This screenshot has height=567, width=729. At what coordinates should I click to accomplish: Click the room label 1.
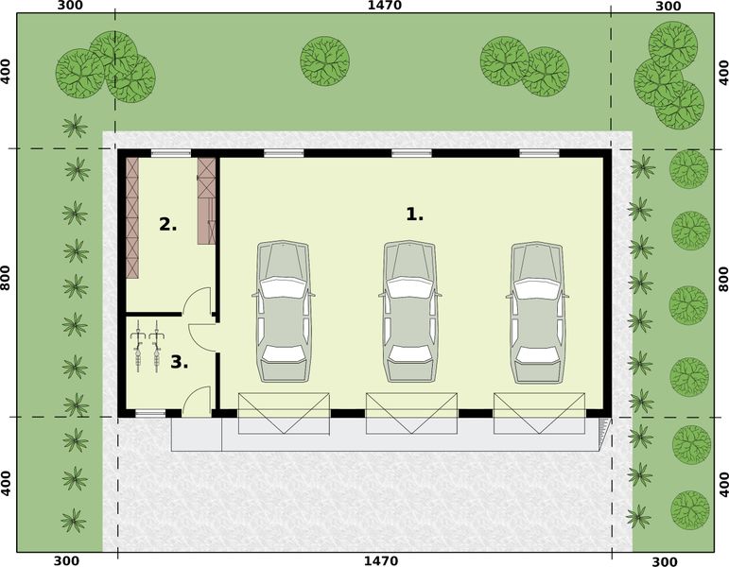point(414,215)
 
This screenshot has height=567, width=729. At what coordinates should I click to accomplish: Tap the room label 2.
point(168,225)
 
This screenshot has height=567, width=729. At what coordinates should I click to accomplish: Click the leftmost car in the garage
point(283,311)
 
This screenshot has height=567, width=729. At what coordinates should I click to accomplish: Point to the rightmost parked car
point(539,311)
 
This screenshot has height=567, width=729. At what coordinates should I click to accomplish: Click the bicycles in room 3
point(146,346)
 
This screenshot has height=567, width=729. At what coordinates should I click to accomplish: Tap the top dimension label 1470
point(385,6)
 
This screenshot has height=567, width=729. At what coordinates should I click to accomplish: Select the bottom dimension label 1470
point(382,560)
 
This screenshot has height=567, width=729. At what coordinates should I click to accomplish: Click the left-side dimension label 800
point(6,277)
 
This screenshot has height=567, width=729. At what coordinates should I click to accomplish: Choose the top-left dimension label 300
point(70,6)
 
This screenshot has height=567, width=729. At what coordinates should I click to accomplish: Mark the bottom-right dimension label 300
point(668,561)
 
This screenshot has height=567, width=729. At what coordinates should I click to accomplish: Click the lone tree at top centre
point(324,60)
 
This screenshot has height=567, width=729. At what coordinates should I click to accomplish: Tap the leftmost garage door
point(284,414)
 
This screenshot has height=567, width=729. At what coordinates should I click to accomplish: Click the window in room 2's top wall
point(171,153)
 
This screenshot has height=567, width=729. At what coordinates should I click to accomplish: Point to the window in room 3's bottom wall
point(149,413)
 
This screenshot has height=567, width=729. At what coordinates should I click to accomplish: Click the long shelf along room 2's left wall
point(133,217)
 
